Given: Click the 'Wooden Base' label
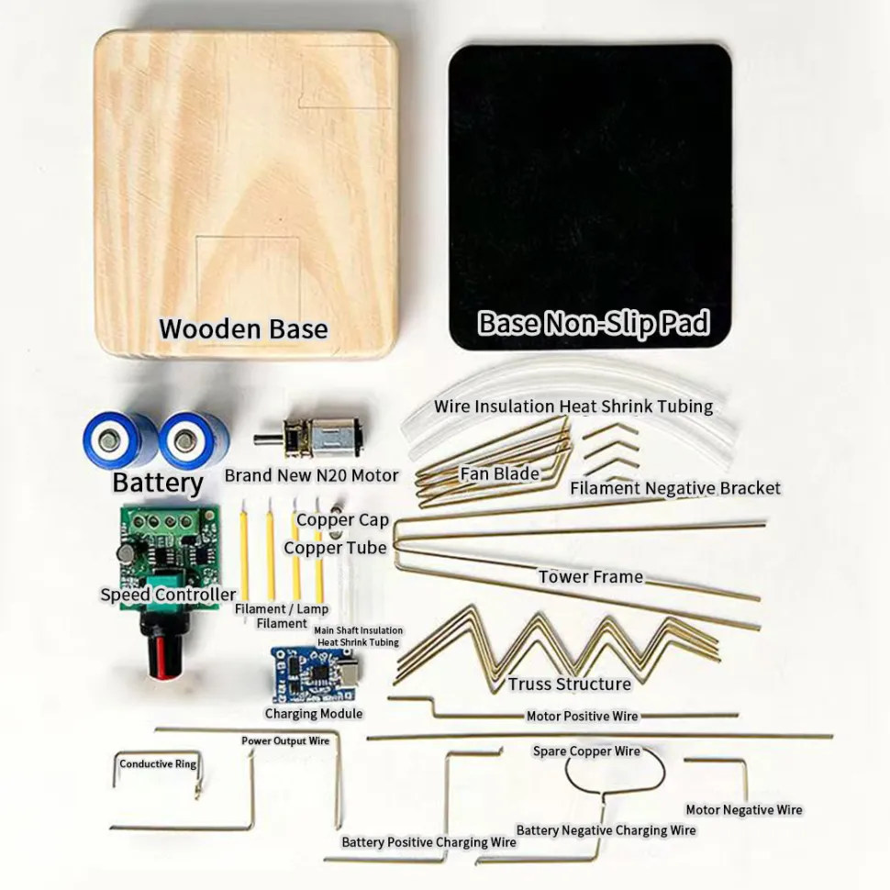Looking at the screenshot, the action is tap(243, 328).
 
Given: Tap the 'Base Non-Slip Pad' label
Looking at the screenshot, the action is tap(594, 323).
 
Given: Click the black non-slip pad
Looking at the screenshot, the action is tap(590, 196).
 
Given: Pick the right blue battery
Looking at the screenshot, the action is tap(194, 439).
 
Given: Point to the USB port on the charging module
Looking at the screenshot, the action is tap(346, 673).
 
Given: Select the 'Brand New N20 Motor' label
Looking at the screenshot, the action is tap(312, 475).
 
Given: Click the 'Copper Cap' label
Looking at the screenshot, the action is tap(342, 519).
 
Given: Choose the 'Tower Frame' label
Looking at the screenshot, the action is tap(591, 577).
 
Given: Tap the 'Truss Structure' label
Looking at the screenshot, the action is tap(569, 684).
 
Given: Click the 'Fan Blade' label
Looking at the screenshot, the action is tap(499, 473).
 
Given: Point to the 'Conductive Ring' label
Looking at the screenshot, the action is tap(158, 764).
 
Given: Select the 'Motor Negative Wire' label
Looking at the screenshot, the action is tap(744, 810).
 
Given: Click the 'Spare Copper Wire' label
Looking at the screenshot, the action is tap(586, 751).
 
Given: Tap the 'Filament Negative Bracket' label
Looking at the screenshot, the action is tap(675, 488).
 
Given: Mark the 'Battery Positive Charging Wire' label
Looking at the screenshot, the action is tap(428, 842).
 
